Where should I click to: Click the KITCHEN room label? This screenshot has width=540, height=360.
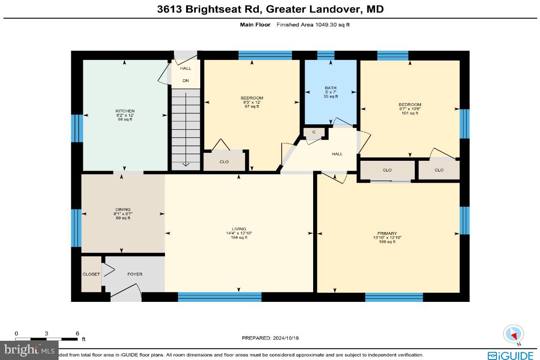point(125,111)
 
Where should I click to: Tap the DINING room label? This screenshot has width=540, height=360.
point(123,210)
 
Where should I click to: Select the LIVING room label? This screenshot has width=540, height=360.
point(240,229)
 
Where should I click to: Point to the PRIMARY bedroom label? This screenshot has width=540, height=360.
point(387,233)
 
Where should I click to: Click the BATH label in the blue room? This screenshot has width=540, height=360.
point(331,88)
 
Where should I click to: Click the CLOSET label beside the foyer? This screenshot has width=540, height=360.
point(91,274)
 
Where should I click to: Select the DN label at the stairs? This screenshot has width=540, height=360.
point(186,81)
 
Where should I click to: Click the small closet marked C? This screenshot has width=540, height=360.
point(314,133)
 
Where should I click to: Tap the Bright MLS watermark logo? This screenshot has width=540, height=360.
point(29,350)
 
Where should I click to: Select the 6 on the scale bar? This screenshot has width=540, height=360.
point(77,333)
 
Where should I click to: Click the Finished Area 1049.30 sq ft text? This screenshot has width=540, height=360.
point(313,24)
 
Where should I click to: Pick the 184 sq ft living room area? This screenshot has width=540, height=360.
point(240,238)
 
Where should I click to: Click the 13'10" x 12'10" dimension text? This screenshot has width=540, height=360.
point(387,238)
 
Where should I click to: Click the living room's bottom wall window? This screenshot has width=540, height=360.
point(219,297)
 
